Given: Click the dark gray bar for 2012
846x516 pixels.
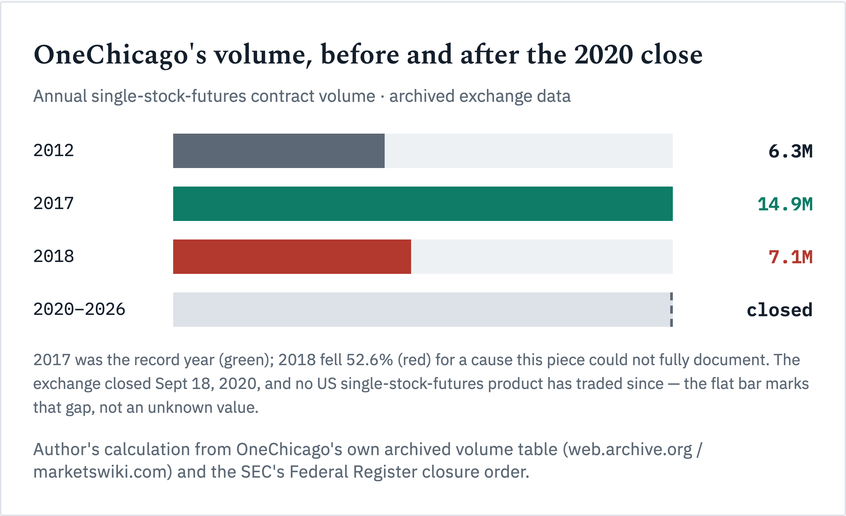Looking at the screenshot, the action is tap(279, 151).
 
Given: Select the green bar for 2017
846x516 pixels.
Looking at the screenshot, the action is tap(423, 204).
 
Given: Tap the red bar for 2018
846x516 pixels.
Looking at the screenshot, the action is tap(292, 257).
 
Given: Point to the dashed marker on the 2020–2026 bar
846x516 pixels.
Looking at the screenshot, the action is tap(671, 310).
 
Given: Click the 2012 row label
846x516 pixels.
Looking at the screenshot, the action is tap(54, 150).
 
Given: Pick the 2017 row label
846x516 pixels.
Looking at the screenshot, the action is tap(54, 203).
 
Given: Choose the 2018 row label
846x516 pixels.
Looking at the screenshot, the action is tap(54, 256).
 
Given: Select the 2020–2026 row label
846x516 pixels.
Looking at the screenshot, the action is tap(79, 309).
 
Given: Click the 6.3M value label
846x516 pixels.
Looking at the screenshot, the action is tap(790, 151).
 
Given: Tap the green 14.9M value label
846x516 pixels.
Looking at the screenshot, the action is tap(785, 204).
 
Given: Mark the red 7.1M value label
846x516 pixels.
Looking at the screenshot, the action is tap(790, 257).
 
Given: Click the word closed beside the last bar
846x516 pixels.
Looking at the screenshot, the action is tap(779, 310).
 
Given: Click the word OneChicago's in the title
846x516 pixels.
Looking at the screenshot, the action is tap(120, 55).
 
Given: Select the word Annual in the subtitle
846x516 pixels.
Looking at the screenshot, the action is tap(60, 96).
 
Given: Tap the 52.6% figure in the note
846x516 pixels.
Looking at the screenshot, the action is tap(369, 360).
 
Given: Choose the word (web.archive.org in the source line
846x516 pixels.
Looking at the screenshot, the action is tap(627, 450).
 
